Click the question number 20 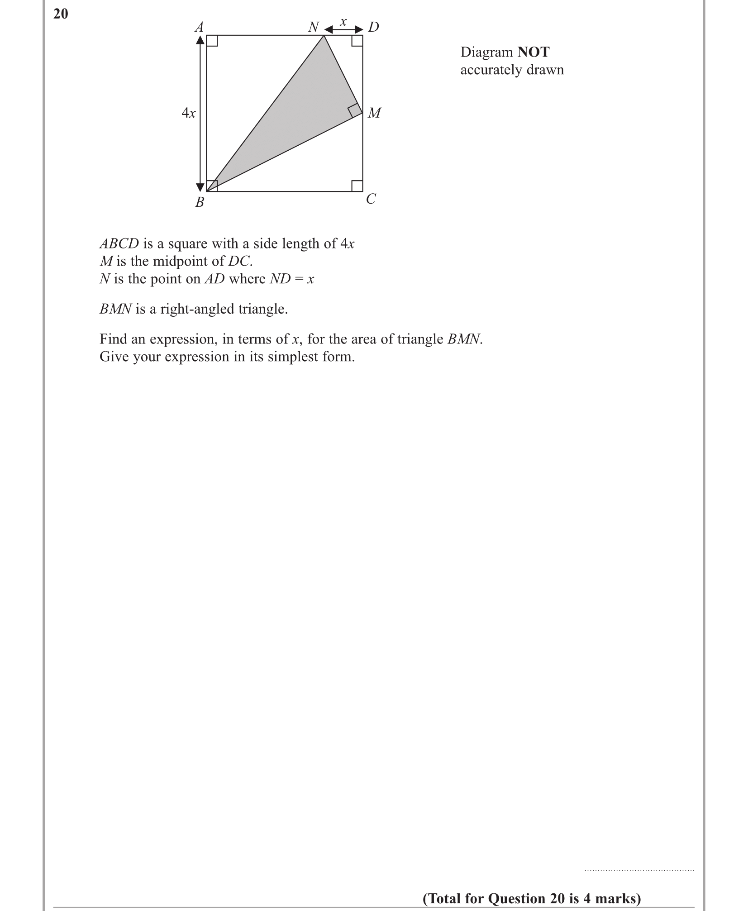61,14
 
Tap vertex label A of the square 199,28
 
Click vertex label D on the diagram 373,27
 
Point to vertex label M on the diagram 374,113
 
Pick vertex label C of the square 371,199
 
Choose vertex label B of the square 200,202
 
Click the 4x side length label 189,113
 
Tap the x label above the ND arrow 343,21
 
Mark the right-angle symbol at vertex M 354,110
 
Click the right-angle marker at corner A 212,41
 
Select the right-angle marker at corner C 357,186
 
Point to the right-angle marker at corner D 357,41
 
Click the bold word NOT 534,52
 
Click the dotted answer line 639,870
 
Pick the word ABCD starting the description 119,243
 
